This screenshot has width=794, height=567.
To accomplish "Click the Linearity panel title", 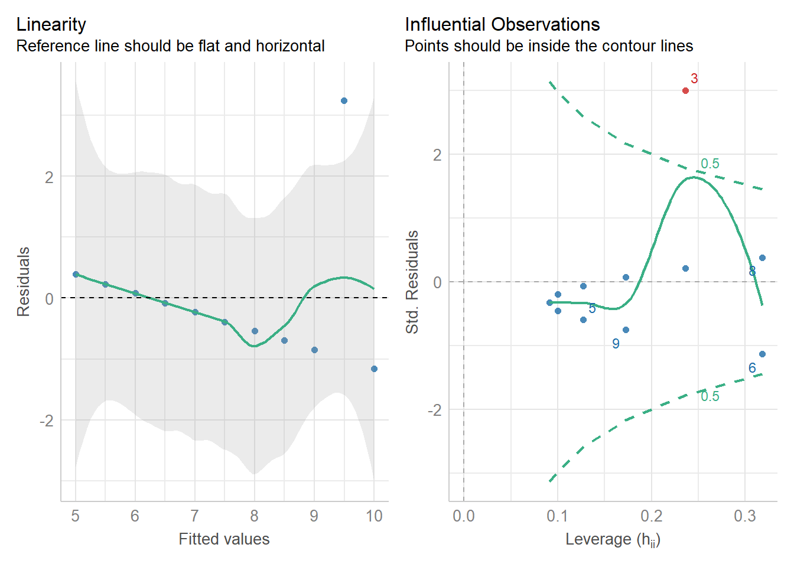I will [x=51, y=25].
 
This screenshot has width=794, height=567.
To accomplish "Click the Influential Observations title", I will [x=502, y=25].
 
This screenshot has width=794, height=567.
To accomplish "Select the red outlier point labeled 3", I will [x=685, y=90].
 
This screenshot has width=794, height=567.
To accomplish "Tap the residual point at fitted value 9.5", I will [x=344, y=101].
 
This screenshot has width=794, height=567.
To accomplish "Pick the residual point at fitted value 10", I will [x=374, y=369].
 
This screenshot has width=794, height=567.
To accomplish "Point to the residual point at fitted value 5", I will [x=76, y=274].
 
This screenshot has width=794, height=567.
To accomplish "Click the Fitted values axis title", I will [x=224, y=539].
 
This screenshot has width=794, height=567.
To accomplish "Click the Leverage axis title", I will [x=613, y=539].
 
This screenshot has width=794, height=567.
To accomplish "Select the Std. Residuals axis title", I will [x=412, y=282].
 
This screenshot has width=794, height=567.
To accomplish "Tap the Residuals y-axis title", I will [x=24, y=282].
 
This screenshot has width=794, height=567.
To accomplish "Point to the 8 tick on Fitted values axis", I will [x=254, y=516].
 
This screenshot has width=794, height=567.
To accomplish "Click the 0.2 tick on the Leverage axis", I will [x=651, y=516].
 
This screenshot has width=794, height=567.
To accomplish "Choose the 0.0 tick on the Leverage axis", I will [x=463, y=516].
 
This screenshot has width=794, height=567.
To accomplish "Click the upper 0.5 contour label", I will [x=710, y=164].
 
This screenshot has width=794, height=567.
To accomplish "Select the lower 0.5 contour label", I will [x=710, y=396].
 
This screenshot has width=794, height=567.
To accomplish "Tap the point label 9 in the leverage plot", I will [x=616, y=344].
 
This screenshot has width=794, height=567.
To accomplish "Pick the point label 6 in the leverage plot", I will [x=752, y=368].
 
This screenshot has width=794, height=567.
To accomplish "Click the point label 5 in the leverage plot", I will [x=592, y=308].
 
